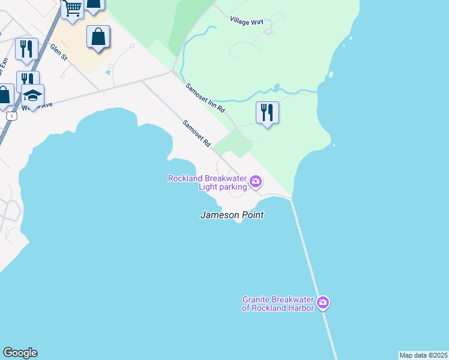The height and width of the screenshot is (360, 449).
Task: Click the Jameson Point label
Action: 232,215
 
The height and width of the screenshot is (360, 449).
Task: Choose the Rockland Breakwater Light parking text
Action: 208,182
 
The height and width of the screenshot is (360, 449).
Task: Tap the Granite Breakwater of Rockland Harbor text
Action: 278,304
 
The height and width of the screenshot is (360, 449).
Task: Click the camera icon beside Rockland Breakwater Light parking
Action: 256,181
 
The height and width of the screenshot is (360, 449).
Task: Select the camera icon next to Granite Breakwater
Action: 323,303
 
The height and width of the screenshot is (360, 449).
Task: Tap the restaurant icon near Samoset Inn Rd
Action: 267,112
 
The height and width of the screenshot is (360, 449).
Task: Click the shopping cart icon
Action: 72,8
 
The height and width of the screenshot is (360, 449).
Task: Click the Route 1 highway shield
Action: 12,115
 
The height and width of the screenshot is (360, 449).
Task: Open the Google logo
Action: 20,353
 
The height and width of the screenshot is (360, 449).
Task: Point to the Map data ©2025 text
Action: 423,355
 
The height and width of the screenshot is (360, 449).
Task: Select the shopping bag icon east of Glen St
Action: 98,37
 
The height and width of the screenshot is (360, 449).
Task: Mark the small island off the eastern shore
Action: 330,76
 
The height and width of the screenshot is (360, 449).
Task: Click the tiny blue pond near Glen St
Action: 107,73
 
